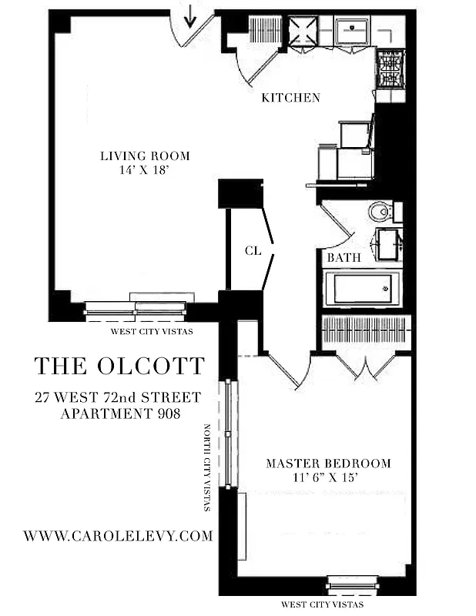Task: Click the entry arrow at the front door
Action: tap(191, 15)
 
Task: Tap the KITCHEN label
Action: tap(290, 98)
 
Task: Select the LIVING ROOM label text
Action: tap(145, 156)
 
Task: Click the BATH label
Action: tap(344, 258)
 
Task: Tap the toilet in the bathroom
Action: tap(380, 211)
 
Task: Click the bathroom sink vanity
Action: tap(387, 245)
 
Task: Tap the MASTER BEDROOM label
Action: tap(328, 464)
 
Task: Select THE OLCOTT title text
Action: tap(119, 365)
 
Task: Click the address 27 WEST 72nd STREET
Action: tap(118, 397)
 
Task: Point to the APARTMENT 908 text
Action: tap(119, 413)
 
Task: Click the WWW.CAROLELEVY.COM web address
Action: tap(118, 536)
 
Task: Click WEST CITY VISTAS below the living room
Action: tap(152, 331)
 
